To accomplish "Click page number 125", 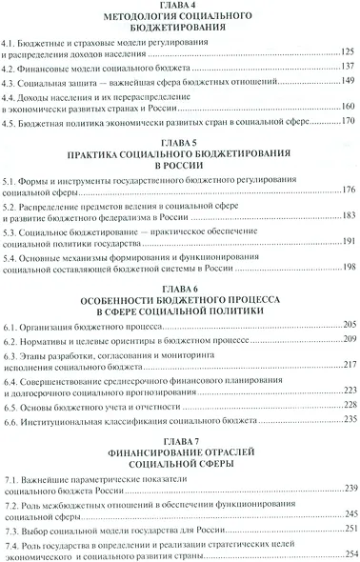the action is click(347, 57).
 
